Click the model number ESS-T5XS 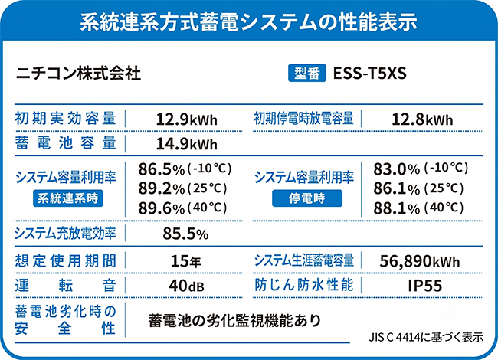coord(370,74)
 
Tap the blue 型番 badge coord(307,74)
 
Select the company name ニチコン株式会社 coord(78,74)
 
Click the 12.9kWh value coord(187,119)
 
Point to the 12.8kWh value coord(422,119)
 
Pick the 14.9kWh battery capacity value coord(187,144)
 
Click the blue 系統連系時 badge coord(68,198)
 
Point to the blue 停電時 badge coord(307,198)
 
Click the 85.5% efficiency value coord(186,234)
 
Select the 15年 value coord(186,261)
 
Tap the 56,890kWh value coord(420,261)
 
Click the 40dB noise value coord(187,286)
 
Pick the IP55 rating coord(425,286)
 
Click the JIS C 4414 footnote coord(426,337)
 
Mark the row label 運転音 coord(65,286)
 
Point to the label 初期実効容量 coord(65,119)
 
